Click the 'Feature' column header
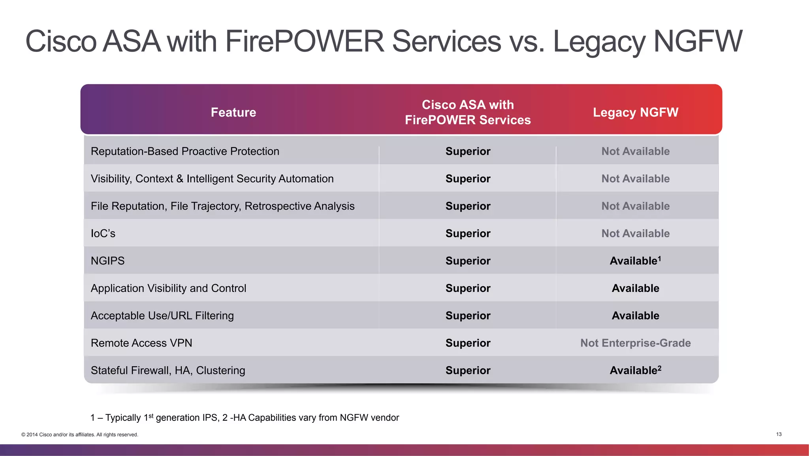coord(233,112)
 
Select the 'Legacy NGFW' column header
coord(635,112)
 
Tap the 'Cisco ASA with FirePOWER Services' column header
coord(468,112)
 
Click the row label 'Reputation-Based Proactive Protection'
coord(185,151)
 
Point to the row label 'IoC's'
coord(103,233)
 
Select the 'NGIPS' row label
coord(107,261)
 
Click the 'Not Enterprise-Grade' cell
coord(635,343)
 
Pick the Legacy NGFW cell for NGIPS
coord(635,261)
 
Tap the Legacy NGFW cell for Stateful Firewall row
coord(635,371)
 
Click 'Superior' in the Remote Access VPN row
coord(468,343)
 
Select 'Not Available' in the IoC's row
coord(635,233)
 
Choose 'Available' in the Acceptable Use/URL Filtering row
coord(635,316)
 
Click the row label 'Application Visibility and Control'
coord(168,288)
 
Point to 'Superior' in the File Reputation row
coord(468,206)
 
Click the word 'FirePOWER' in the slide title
coord(304,41)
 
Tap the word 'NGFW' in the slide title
coord(698,41)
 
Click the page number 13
coord(779,434)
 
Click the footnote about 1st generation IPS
coord(245,418)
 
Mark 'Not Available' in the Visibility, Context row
coord(635,179)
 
